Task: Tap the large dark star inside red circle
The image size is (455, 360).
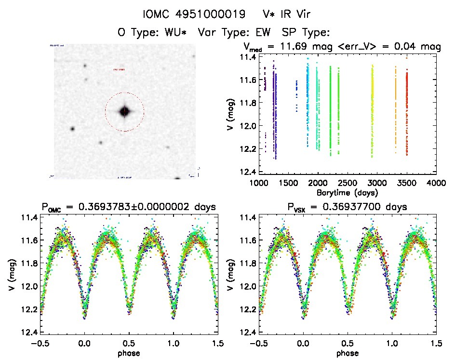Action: (x=124, y=111)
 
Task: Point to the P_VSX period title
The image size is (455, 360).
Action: (x=340, y=207)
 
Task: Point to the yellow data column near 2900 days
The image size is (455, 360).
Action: (x=372, y=111)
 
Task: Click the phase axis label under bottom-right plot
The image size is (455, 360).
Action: (x=348, y=353)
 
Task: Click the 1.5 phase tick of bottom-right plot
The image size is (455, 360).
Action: (x=436, y=344)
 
